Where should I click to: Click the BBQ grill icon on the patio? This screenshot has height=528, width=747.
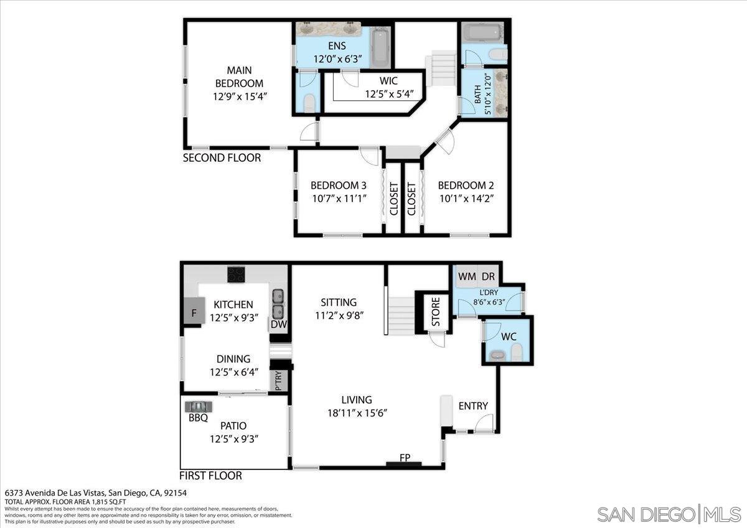tap(199, 406)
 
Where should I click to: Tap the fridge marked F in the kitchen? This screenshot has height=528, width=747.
tap(194, 312)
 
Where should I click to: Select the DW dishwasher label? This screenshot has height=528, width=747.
tap(278, 324)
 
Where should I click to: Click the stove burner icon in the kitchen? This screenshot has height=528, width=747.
tap(236, 274)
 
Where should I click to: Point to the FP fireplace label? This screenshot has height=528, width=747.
tap(405, 458)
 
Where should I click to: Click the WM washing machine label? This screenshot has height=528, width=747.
tap(467, 276)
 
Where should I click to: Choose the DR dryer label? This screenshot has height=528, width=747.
tap(488, 276)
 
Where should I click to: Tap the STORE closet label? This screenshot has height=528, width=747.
tap(436, 313)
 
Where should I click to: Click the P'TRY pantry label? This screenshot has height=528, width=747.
tap(278, 380)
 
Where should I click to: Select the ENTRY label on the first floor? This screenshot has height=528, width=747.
tap(473, 406)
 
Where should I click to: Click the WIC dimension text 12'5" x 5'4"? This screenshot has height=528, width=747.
tap(389, 95)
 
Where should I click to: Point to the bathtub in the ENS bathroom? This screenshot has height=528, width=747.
tap(380, 46)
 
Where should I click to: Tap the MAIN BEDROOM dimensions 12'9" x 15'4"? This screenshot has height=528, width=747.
tap(239, 97)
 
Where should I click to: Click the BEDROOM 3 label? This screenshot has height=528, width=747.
tap(338, 185)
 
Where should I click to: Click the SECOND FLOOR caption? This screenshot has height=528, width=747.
tap(222, 158)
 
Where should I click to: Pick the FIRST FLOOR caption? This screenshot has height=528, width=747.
tap(210, 476)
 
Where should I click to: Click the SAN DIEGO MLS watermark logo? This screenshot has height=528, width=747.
tap(669, 514)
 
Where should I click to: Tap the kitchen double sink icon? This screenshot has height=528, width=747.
tap(278, 303)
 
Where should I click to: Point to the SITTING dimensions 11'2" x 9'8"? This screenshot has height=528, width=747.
tap(339, 315)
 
